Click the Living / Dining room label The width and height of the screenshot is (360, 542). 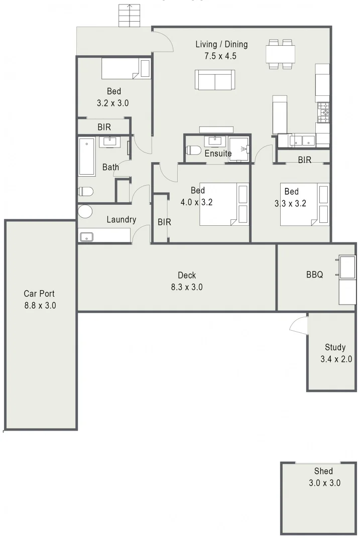coord(221,45)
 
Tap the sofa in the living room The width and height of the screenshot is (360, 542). coord(215,80)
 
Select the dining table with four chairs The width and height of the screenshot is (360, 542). coord(281,54)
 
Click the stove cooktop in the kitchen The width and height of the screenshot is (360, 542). coord(323,112)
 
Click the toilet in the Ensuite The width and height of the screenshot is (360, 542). coord(193,150)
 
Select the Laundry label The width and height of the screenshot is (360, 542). coord(121,219)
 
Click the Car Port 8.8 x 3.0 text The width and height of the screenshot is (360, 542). coord(40,299)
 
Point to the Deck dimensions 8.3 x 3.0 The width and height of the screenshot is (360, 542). coord(186,288)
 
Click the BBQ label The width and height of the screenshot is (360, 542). coord(314,275)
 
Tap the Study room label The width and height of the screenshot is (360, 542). coord(335,347)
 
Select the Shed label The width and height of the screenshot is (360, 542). coord(324,471)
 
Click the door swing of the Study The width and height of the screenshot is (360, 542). coord(299,325)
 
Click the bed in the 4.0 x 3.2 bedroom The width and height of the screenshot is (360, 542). coord(224,204)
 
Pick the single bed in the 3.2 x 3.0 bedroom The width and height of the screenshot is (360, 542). coord(126,69)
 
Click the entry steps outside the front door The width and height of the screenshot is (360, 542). coord(130,16)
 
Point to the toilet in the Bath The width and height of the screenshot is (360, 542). coord(86,192)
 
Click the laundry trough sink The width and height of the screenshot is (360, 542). coord(87,236)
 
